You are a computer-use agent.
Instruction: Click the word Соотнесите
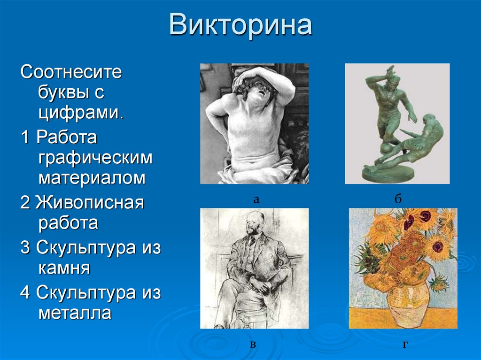[71, 73]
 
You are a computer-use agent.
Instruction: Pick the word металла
[75, 313]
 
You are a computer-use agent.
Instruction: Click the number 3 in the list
[25, 248]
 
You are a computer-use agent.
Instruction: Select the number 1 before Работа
[25, 138]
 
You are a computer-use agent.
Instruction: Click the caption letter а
[256, 199]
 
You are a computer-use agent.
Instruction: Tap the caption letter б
[398, 199]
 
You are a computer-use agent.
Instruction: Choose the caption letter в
[253, 345]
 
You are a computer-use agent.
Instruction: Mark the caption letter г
[404, 345]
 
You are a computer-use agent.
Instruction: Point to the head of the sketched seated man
[253, 224]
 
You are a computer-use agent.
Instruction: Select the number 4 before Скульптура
[25, 293]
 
